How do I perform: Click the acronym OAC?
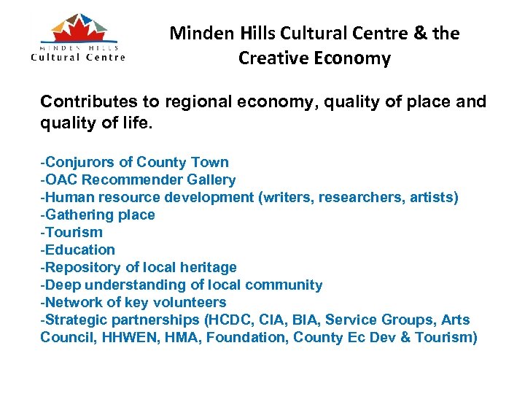[61, 179]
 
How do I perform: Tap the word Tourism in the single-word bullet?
[74, 232]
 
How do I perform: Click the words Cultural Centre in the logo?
[78, 57]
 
